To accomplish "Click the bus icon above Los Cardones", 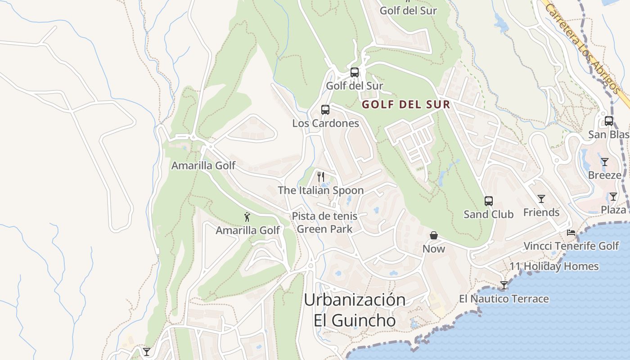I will pyautogui.click(x=325, y=109).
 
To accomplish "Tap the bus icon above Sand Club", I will pyautogui.click(x=488, y=201).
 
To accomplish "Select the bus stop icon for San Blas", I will pyautogui.click(x=608, y=121).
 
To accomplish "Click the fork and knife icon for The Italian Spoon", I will pyautogui.click(x=320, y=176).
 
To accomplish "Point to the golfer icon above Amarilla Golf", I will pyautogui.click(x=247, y=217).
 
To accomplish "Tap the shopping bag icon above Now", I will pyautogui.click(x=433, y=235).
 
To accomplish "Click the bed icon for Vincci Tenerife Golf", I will pyautogui.click(x=571, y=233).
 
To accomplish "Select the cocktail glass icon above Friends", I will pyautogui.click(x=541, y=198).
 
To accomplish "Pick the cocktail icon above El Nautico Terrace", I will pyautogui.click(x=504, y=285).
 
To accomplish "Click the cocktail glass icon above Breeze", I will pyautogui.click(x=604, y=162).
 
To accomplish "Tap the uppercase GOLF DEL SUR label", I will pyautogui.click(x=406, y=105).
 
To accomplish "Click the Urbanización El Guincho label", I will pyautogui.click(x=355, y=310).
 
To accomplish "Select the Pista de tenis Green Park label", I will pyautogui.click(x=324, y=222).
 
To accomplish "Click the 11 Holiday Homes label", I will pyautogui.click(x=554, y=266).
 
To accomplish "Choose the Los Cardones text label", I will pyautogui.click(x=325, y=123).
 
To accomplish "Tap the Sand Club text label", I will pyautogui.click(x=488, y=214).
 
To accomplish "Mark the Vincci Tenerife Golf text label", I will pyautogui.click(x=571, y=246).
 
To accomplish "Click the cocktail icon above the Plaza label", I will pyautogui.click(x=613, y=196).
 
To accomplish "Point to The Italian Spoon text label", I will pyautogui.click(x=320, y=190).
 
